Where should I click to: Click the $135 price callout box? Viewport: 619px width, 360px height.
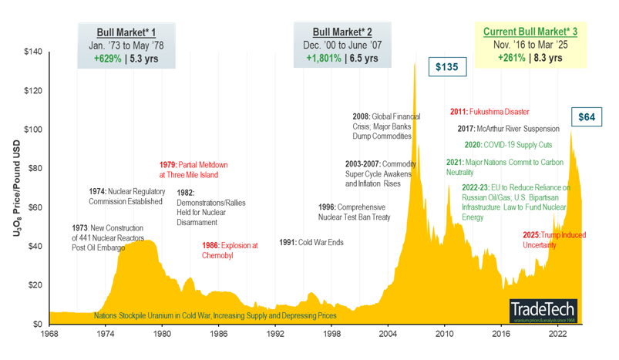pos(446,67)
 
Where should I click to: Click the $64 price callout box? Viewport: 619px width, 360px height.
pos(587,117)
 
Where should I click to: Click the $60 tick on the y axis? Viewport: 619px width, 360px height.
pos(35,207)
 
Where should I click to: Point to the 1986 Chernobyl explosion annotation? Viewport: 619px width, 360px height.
pos(230,250)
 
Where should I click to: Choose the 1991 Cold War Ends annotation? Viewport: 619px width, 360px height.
pos(311,242)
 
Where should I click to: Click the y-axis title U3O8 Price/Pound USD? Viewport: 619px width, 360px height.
pos(16,187)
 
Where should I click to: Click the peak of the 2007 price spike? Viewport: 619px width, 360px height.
pos(415,62)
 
